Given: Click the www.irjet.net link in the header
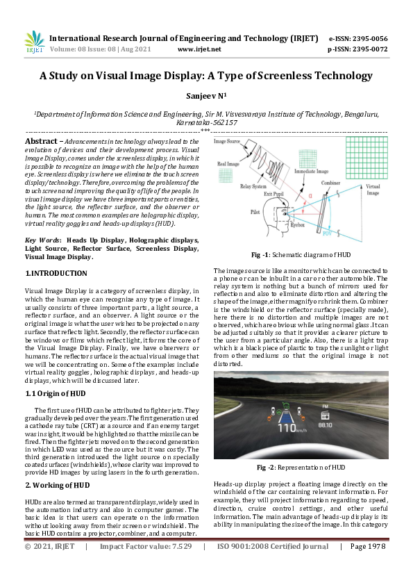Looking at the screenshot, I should click(199, 50).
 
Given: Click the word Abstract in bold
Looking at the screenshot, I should click(42, 141).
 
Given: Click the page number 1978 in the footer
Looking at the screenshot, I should click(367, 566).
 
